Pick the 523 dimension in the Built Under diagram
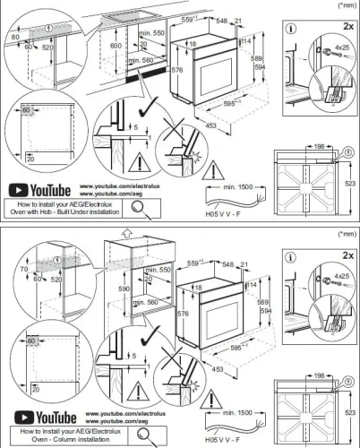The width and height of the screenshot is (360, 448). click(350, 183)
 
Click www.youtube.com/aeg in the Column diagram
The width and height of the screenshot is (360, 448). click(112, 419)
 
